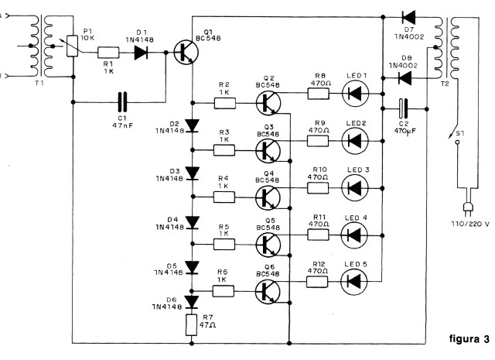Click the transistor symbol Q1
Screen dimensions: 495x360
click(186, 53)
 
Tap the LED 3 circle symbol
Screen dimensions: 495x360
click(355, 188)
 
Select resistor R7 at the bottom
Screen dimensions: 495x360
click(191, 325)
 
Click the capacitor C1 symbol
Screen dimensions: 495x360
click(122, 101)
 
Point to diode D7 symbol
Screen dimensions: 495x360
click(408, 17)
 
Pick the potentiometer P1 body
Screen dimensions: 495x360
click(72, 46)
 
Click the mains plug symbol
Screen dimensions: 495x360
click(467, 207)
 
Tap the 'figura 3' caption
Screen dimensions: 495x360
click(469, 339)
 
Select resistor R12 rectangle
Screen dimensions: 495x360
click(317, 282)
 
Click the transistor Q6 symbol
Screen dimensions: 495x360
click(268, 292)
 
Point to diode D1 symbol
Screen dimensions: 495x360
click(141, 53)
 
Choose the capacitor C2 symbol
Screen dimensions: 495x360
click(403, 108)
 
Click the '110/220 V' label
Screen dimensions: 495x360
click(470, 224)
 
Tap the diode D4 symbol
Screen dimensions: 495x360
click(192, 222)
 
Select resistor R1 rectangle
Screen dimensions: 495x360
click(108, 53)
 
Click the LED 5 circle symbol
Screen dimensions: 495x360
click(354, 281)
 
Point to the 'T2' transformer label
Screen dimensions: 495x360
click(445, 84)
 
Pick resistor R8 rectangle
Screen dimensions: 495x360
click(319, 94)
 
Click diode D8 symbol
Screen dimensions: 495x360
click(405, 77)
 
